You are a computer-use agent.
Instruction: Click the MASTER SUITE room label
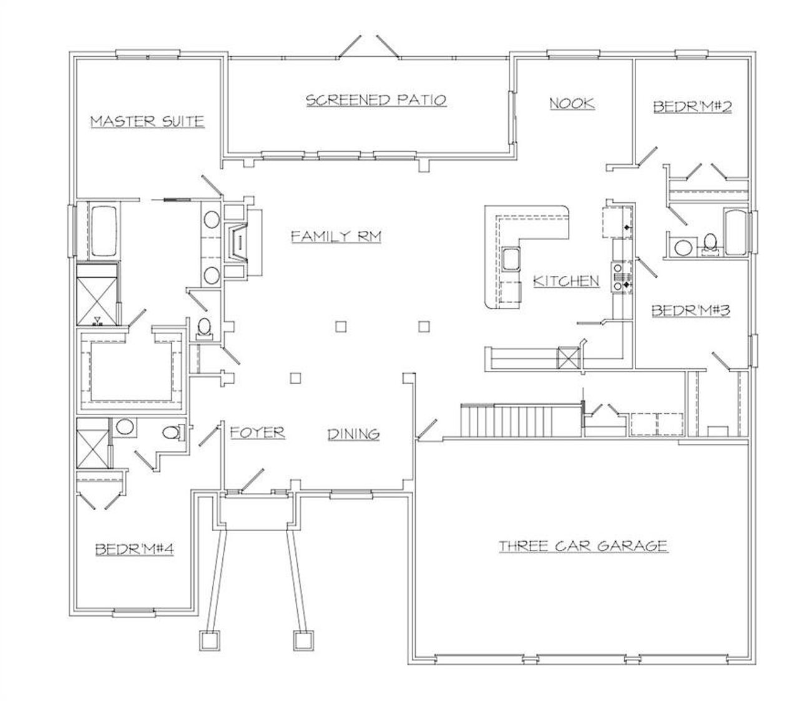click(x=147, y=120)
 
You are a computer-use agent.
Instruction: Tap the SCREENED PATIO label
click(x=376, y=100)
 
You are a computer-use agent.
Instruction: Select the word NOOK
click(x=571, y=103)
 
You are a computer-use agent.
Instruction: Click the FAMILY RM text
click(x=336, y=236)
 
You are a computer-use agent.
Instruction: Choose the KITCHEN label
click(x=566, y=282)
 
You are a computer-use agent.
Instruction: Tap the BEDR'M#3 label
click(x=691, y=310)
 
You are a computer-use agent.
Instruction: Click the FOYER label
click(x=257, y=432)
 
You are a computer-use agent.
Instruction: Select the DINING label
click(x=354, y=434)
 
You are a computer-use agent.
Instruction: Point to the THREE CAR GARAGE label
click(x=583, y=546)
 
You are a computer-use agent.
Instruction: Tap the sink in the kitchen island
click(x=511, y=258)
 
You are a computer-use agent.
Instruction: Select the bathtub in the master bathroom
click(x=104, y=232)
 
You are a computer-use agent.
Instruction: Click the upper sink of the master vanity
click(x=212, y=220)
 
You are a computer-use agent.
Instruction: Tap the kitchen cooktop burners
click(x=620, y=282)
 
